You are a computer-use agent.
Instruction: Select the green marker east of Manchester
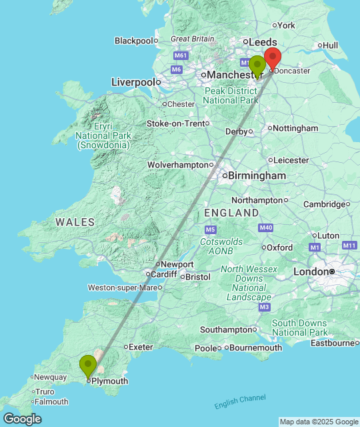[257, 65]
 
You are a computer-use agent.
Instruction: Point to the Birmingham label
[257, 175]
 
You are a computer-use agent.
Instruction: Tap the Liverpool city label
[133, 82]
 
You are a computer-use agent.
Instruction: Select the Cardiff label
[164, 274]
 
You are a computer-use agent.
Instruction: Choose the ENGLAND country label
[231, 213]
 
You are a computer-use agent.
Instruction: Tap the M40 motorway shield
[266, 228]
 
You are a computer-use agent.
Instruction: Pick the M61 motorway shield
[180, 56]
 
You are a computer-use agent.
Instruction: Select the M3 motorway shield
[265, 307]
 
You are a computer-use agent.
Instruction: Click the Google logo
[21, 419]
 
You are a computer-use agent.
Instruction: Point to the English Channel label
[240, 402]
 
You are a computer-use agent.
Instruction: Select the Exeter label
[141, 347]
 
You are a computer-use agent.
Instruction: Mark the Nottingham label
[296, 128]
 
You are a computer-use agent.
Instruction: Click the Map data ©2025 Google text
[318, 422]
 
